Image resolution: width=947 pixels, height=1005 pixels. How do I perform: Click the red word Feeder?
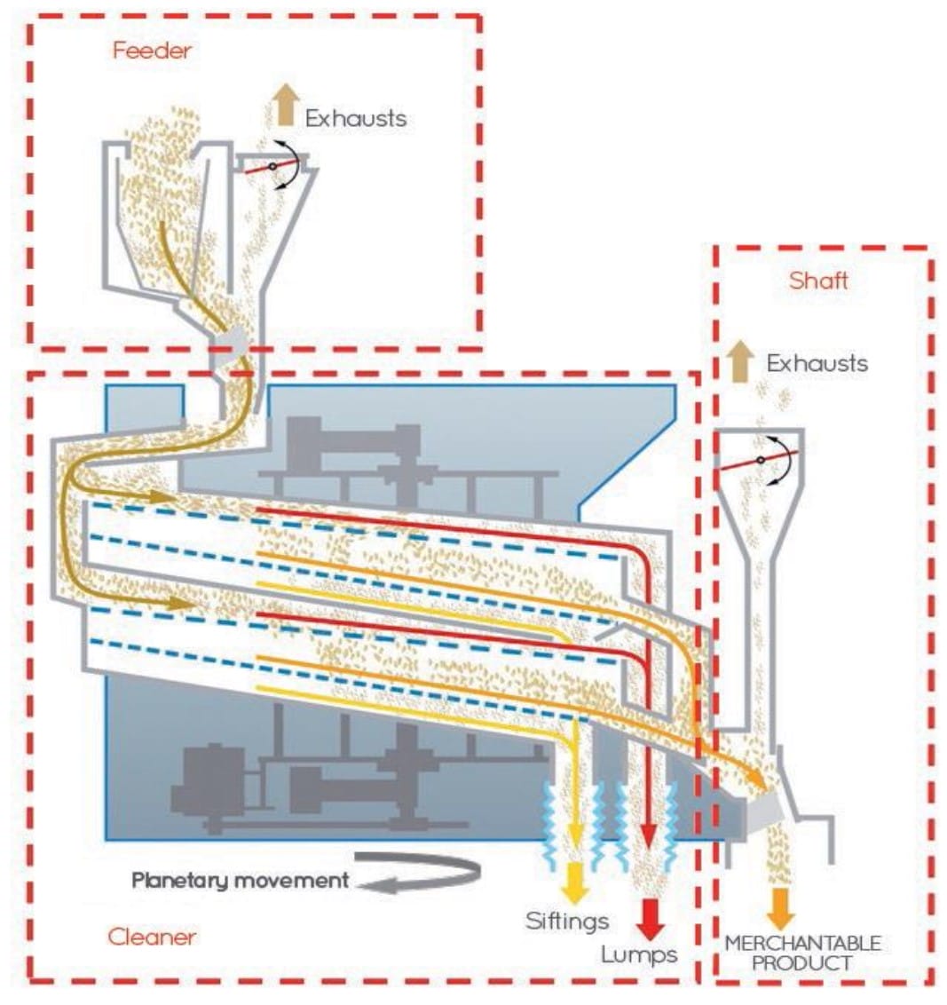click(x=152, y=51)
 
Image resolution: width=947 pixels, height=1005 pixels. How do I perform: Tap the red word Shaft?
click(x=818, y=281)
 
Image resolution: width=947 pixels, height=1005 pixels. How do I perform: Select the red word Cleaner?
click(x=152, y=937)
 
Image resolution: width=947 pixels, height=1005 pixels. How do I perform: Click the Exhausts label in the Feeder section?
click(x=356, y=119)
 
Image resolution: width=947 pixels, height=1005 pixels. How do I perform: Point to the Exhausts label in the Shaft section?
click(x=817, y=363)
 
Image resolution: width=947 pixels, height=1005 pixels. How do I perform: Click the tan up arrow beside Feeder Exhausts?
click(x=286, y=105)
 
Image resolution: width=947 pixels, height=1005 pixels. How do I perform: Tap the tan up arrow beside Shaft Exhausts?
click(x=740, y=361)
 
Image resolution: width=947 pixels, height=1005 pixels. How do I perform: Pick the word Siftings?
click(x=567, y=921)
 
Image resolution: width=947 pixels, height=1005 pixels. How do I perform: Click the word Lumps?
click(x=639, y=955)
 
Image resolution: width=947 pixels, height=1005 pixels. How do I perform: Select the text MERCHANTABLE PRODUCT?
click(x=802, y=954)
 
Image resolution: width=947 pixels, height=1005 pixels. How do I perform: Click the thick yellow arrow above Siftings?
click(x=575, y=883)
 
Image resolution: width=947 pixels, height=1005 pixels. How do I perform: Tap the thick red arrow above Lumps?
click(x=650, y=919)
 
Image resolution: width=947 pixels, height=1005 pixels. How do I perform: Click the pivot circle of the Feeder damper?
click(x=272, y=167)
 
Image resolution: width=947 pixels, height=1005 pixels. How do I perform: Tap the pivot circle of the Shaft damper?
click(x=760, y=460)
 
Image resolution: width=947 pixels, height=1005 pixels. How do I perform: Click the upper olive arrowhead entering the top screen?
click(x=162, y=497)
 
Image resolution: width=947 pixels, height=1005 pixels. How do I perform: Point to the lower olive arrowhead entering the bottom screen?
click(x=181, y=603)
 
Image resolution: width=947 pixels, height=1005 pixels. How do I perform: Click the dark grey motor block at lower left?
click(x=209, y=780)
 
